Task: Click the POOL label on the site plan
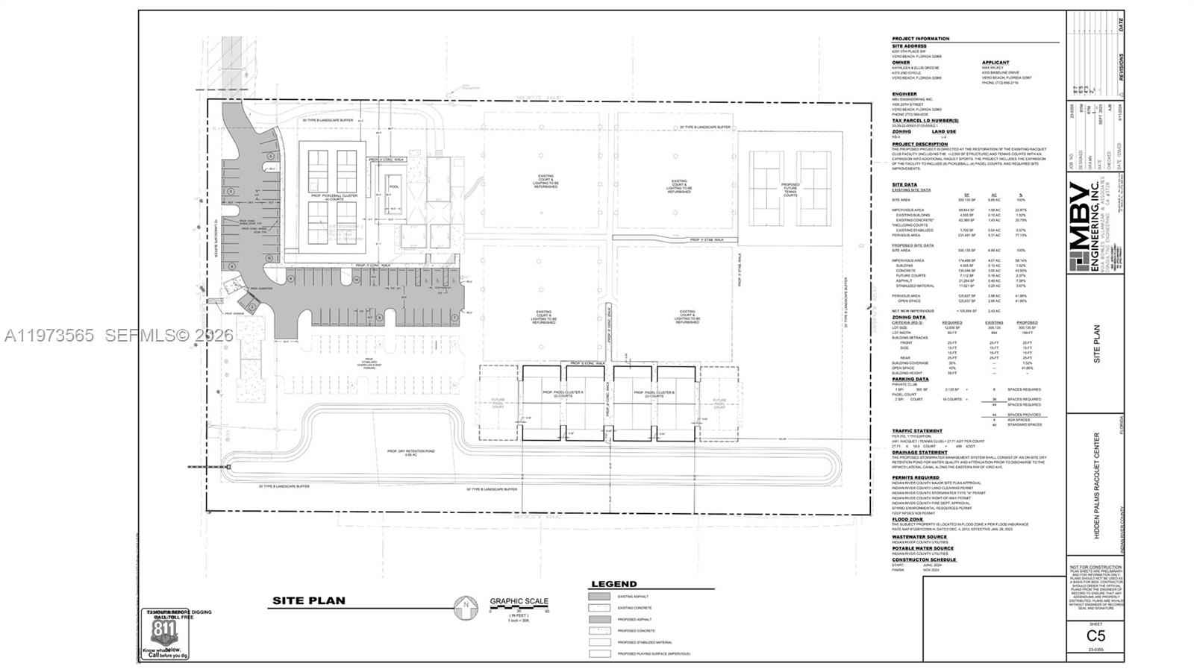(393, 187)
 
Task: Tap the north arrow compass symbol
(466, 607)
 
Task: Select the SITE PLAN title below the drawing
(308, 600)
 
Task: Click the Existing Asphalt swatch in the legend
(599, 597)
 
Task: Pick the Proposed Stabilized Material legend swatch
(599, 642)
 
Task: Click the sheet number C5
(1095, 636)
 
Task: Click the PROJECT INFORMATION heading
(921, 39)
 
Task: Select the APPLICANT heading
(995, 63)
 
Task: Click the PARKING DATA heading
(910, 379)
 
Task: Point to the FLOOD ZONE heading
(907, 520)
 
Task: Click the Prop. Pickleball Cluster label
(334, 198)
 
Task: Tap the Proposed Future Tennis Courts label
(790, 187)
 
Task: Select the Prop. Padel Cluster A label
(564, 394)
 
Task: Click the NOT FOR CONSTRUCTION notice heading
(1095, 568)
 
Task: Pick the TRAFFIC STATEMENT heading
(917, 431)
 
